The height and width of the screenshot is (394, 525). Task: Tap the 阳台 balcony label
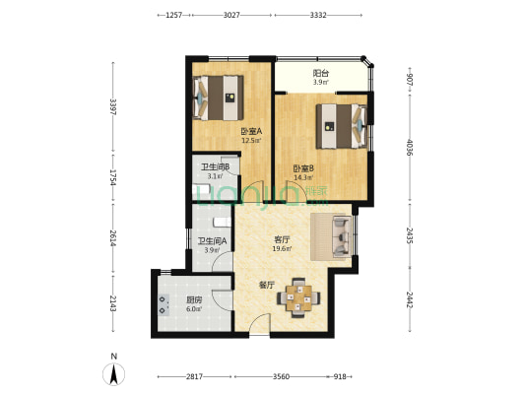pyautogui.click(x=321, y=73)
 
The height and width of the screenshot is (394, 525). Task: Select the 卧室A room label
pyautogui.click(x=251, y=132)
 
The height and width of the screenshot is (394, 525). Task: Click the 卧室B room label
pyautogui.click(x=303, y=168)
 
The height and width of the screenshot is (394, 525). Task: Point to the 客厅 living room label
pyautogui.click(x=282, y=239)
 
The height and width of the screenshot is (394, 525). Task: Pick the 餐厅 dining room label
pyautogui.click(x=267, y=286)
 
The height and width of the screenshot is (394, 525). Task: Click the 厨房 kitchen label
pyautogui.click(x=194, y=300)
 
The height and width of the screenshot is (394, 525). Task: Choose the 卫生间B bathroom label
pyautogui.click(x=215, y=167)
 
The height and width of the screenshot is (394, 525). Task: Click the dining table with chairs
pyautogui.click(x=298, y=297)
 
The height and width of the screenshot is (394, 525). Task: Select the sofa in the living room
pyautogui.click(x=342, y=236)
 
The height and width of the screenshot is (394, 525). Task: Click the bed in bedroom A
pyautogui.click(x=219, y=98)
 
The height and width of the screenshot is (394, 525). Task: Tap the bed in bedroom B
pyautogui.click(x=342, y=126)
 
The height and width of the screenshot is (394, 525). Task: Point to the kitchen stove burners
pyautogui.click(x=164, y=305)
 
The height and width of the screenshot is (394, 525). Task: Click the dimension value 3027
pyautogui.click(x=231, y=15)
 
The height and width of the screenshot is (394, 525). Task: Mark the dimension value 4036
pyautogui.click(x=409, y=148)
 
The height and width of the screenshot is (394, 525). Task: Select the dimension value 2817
pyautogui.click(x=194, y=376)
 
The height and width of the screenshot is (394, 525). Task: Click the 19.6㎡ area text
pyautogui.click(x=282, y=249)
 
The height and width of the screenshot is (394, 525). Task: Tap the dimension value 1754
pyautogui.click(x=113, y=177)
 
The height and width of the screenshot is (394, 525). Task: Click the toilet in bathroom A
pyautogui.click(x=222, y=222)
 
